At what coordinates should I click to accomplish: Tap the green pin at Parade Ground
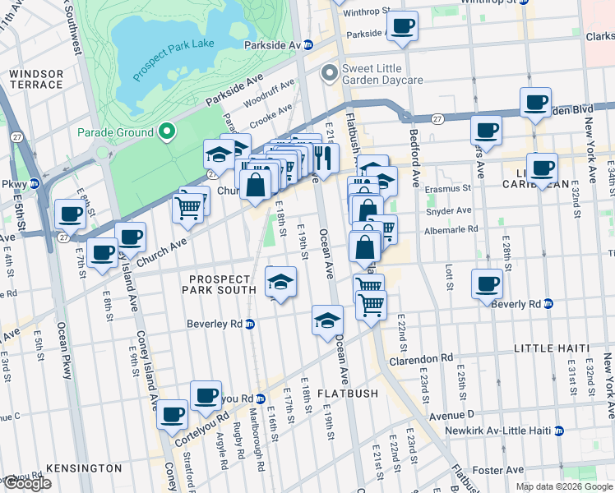(x=167, y=131)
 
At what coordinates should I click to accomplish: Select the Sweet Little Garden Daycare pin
(x=330, y=74)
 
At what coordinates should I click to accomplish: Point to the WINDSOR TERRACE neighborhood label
(x=36, y=80)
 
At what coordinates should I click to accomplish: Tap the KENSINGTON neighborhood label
(x=84, y=468)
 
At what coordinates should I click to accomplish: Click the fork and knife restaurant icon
(x=323, y=156)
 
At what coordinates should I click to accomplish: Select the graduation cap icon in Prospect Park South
(x=280, y=282)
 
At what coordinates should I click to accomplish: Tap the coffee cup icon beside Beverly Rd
(x=487, y=284)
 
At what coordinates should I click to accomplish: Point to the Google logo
(x=27, y=484)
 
